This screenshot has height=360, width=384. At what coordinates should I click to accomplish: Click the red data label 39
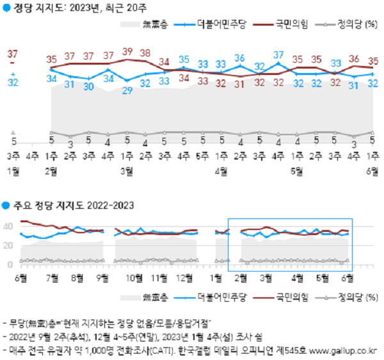pos(127,51)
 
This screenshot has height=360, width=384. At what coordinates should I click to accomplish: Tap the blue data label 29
pos(127,90)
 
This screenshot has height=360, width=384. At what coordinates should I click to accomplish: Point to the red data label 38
pos(145,53)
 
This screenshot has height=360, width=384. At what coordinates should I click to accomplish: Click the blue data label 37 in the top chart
pos(278,54)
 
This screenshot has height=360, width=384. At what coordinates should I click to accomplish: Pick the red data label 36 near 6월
pos(354,59)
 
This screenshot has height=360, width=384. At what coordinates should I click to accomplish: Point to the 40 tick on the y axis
pos(9,226)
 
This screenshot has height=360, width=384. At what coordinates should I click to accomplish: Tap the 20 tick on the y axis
pos(9,245)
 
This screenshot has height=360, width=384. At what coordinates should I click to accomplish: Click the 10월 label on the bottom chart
pos(134,277)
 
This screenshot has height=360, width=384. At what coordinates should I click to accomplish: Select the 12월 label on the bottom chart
pos(185,277)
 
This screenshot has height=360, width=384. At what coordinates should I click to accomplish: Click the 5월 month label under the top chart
pos(296,170)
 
